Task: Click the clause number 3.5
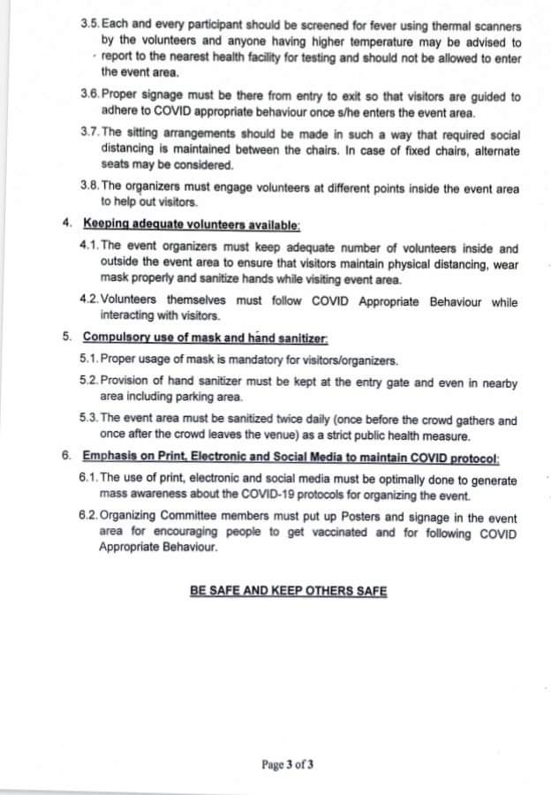(x=90, y=27)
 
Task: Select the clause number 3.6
(x=90, y=96)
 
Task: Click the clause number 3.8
(x=90, y=188)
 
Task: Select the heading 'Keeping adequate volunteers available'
(x=191, y=225)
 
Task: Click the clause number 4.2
(x=89, y=301)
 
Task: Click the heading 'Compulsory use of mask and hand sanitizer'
(x=205, y=337)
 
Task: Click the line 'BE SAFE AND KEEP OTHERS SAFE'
(x=288, y=590)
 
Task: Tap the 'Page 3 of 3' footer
(x=288, y=764)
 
